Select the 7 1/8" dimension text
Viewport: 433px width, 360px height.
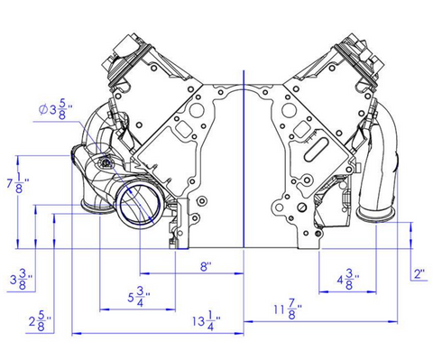tap(18, 183)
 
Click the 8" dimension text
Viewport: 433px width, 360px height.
tap(206, 266)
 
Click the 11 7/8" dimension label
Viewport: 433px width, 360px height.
tap(288, 309)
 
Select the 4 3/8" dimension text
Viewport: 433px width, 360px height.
tap(348, 280)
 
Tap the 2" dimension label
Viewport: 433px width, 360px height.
tap(419, 274)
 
